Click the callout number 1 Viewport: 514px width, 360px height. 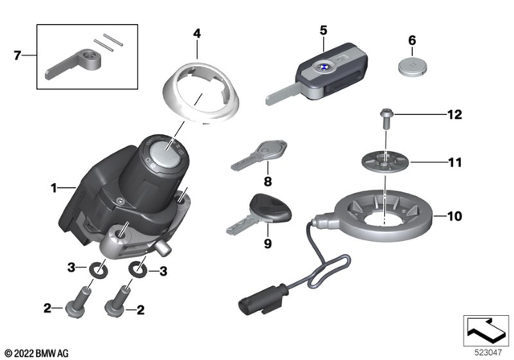tap(54, 188)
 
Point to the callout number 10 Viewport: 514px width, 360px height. tap(455, 216)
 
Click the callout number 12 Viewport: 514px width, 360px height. tap(455, 116)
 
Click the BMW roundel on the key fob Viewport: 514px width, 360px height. tap(320, 69)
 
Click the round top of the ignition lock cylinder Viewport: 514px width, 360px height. tap(165, 155)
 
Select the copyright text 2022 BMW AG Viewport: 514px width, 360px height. tap(38, 352)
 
